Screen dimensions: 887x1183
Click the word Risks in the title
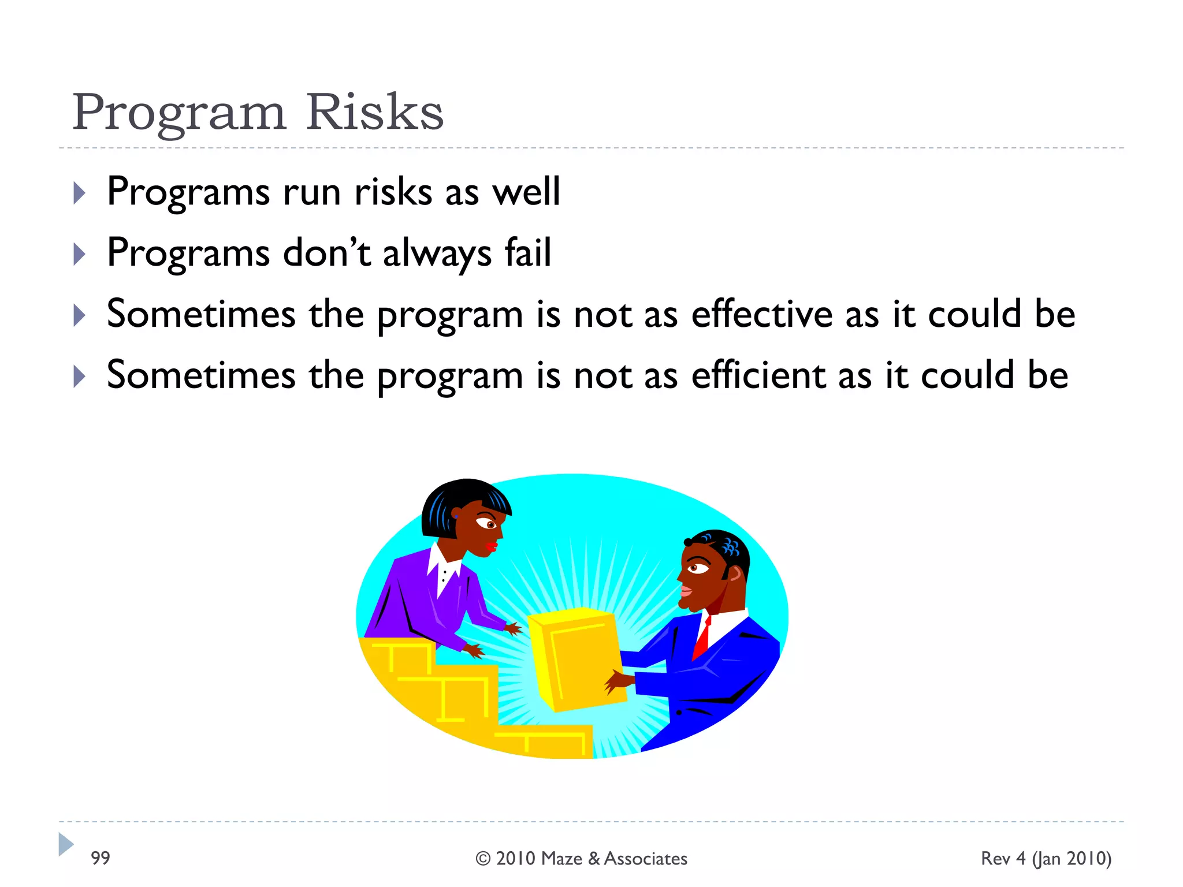[x=374, y=112]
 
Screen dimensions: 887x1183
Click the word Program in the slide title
[x=179, y=113]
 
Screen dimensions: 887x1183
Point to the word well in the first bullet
[x=526, y=192]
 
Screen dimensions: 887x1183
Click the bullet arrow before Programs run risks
[x=80, y=193]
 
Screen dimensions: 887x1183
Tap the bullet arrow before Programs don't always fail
[x=80, y=254]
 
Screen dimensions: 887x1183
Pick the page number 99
[x=101, y=858]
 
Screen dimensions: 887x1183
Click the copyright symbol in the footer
[x=483, y=859]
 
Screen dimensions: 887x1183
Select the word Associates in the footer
[x=645, y=859]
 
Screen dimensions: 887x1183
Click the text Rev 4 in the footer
[x=1003, y=859]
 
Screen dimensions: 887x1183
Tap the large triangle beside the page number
[x=65, y=844]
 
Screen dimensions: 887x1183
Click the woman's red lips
[x=492, y=546]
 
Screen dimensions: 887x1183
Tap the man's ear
[x=734, y=573]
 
